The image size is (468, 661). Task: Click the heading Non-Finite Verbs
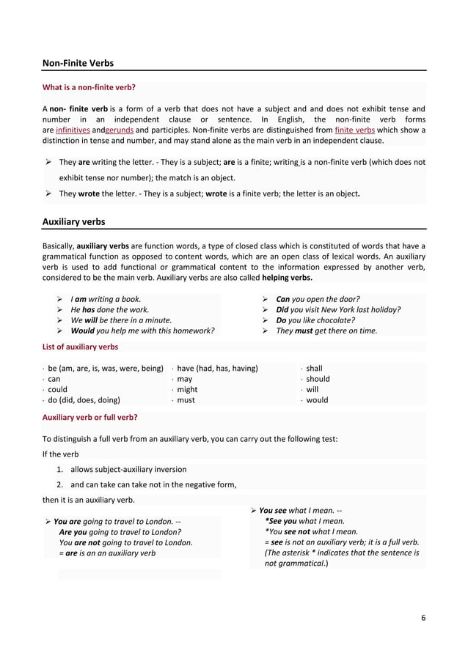pos(78,64)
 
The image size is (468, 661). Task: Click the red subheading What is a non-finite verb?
pos(89,88)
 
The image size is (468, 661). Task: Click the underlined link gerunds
pos(120,130)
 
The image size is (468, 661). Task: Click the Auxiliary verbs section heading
pos(74,221)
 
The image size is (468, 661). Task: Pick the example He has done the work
pos(109,310)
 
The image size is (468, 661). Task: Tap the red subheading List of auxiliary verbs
pos(81,347)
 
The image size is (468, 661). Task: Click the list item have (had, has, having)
pos(217,369)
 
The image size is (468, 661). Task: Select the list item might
pos(187,390)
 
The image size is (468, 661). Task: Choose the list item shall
pos(314,369)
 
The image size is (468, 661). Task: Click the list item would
pos(317,401)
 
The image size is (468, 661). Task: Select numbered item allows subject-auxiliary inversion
pos(128,470)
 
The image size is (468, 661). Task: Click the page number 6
pos(423,618)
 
